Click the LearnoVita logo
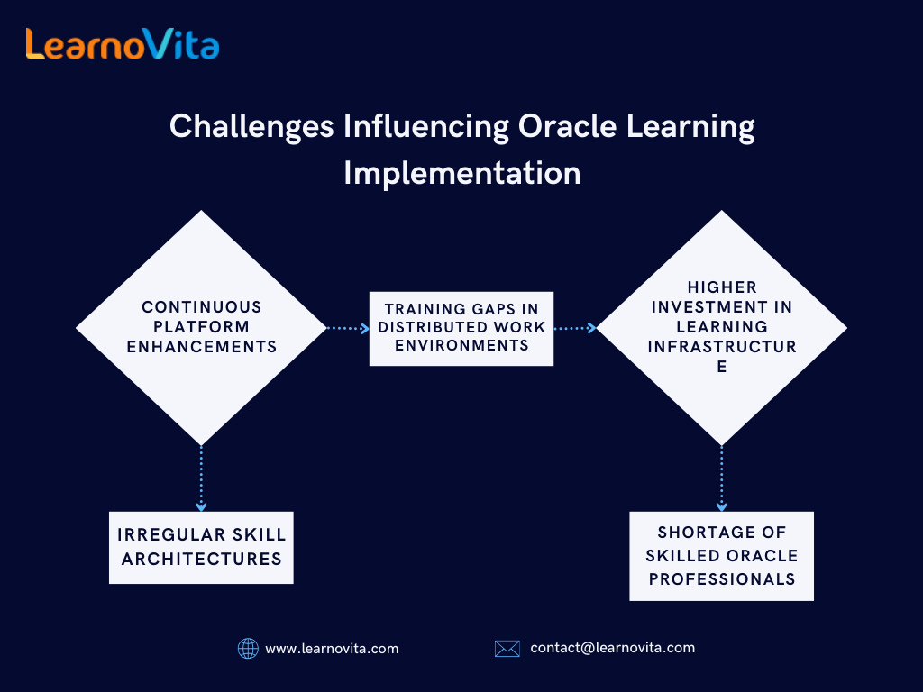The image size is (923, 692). [123, 44]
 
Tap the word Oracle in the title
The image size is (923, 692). [567, 126]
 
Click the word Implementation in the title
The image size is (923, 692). [462, 173]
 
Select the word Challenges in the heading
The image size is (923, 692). [251, 127]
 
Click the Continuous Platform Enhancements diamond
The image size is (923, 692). [201, 328]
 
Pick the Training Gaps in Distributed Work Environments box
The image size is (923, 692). [461, 328]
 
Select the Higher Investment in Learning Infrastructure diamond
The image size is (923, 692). [722, 328]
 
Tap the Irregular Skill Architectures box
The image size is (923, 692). [201, 547]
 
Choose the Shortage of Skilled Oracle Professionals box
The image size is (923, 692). [722, 556]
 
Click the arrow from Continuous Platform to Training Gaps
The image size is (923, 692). [348, 328]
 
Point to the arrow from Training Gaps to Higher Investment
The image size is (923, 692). [575, 328]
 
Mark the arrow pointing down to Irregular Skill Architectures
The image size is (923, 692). [201, 478]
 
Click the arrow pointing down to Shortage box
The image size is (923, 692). [722, 478]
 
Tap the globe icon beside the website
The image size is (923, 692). [248, 649]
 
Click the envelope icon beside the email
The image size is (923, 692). [507, 649]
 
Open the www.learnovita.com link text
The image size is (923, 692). [332, 649]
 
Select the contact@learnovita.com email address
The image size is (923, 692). [613, 648]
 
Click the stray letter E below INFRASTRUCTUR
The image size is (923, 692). [722, 367]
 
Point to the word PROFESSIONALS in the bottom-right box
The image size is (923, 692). [722, 579]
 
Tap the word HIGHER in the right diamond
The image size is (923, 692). [722, 287]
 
